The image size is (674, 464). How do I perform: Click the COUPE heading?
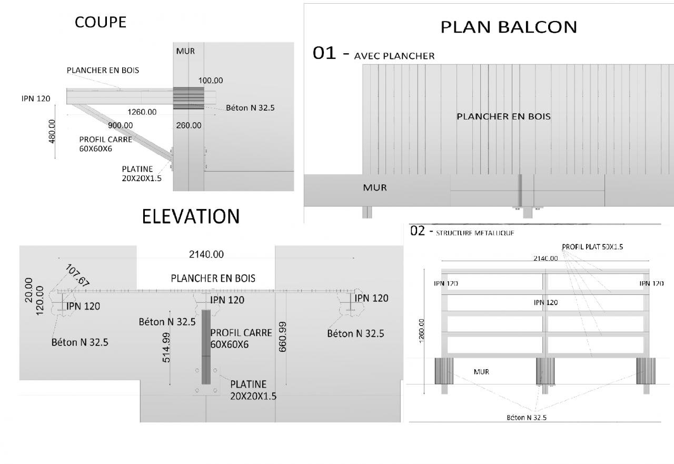(x=101, y=22)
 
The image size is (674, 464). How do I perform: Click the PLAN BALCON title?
(x=509, y=27)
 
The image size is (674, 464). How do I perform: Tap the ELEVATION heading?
(x=191, y=216)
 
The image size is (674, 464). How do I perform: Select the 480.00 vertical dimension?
(x=52, y=131)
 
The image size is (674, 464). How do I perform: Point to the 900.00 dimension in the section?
(x=120, y=125)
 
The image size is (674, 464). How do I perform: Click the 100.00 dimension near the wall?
(x=210, y=81)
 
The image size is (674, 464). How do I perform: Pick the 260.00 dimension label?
(x=189, y=125)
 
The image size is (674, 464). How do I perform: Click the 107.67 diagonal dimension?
(x=76, y=275)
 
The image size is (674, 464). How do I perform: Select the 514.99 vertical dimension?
(x=167, y=347)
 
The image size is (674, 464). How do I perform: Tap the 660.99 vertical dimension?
(x=282, y=337)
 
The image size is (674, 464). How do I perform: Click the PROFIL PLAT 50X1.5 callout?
(x=592, y=246)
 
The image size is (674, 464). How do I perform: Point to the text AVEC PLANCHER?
(x=394, y=56)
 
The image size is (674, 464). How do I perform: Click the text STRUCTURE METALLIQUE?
(x=474, y=232)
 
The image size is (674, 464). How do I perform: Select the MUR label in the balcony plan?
(x=375, y=187)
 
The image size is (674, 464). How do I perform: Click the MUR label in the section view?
(x=185, y=51)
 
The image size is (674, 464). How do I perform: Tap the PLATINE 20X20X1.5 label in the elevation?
(x=252, y=390)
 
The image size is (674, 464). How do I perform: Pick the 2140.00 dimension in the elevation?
(x=206, y=254)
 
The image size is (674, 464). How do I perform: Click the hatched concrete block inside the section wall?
(x=189, y=98)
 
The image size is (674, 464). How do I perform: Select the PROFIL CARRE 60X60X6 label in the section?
(x=105, y=144)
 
